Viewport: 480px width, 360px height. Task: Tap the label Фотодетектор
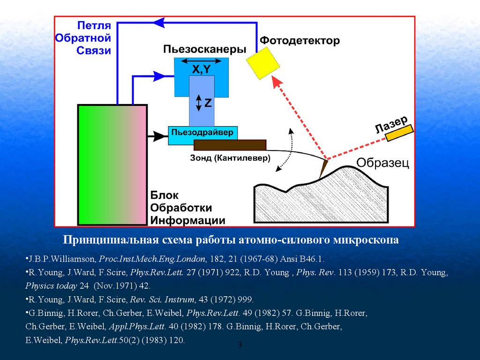[300, 41]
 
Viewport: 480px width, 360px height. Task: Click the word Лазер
[391, 123]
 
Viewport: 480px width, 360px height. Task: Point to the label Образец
[382, 163]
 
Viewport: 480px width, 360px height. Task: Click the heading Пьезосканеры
[205, 49]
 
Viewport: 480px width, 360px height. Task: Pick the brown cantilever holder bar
[230, 145]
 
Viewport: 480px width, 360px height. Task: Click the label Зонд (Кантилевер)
[230, 158]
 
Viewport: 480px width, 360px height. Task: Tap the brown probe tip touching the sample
[323, 168]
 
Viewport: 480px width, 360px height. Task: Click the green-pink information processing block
[112, 165]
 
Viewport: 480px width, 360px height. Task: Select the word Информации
[187, 220]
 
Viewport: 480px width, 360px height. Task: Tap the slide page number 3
[240, 345]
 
